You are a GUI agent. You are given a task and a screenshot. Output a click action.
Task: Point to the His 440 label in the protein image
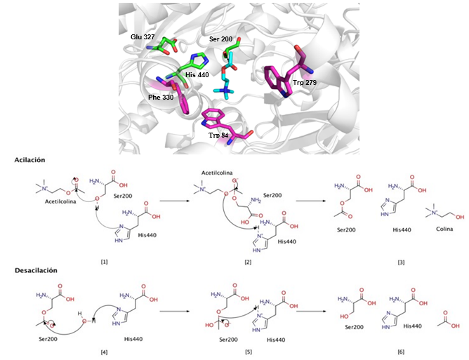198,74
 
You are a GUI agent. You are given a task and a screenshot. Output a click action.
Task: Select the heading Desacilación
37,270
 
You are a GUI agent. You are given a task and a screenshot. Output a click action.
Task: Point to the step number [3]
400,261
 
